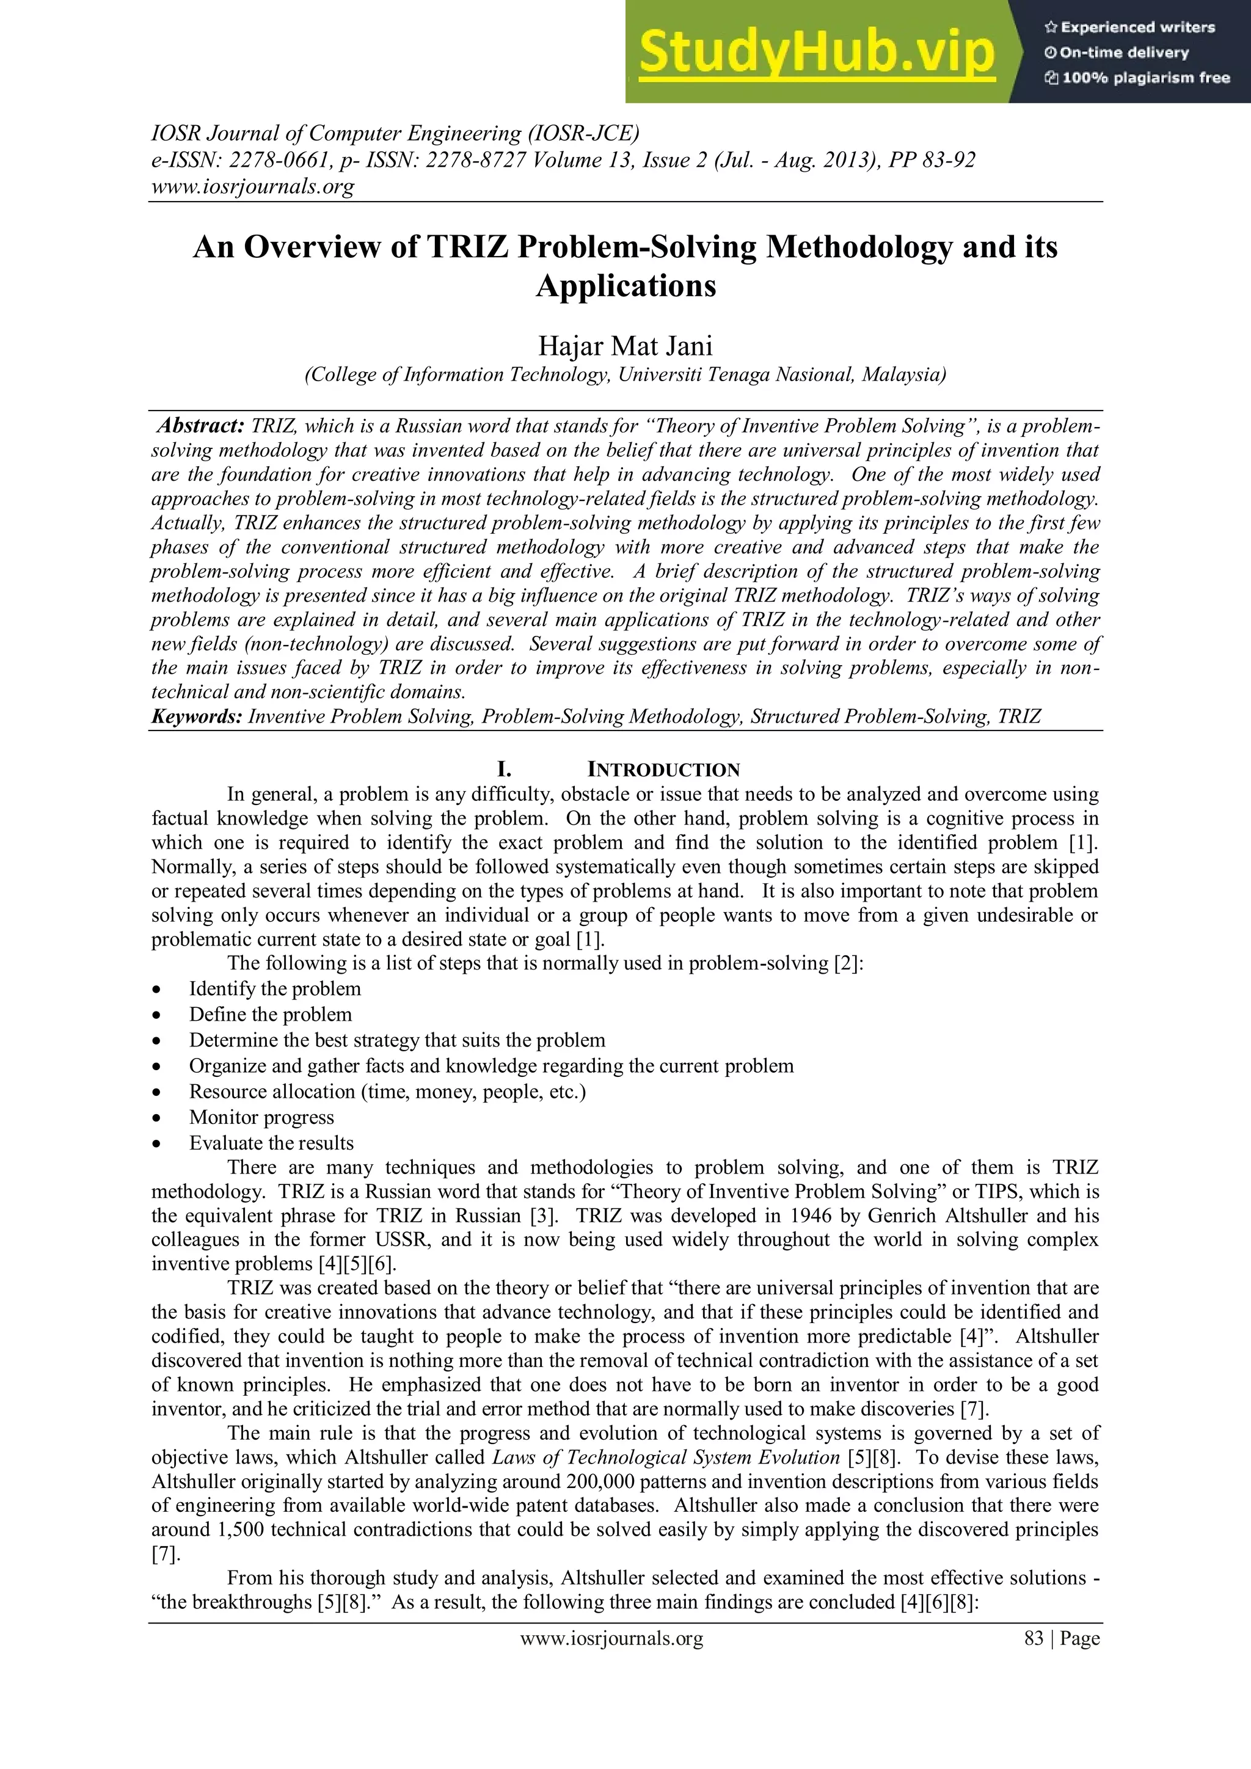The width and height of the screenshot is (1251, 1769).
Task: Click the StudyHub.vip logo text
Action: tap(817, 53)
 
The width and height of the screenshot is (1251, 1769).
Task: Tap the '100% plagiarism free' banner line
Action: tap(1137, 78)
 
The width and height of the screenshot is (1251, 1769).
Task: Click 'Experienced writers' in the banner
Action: tap(1129, 27)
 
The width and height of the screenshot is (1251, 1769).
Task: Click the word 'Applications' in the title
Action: tap(625, 286)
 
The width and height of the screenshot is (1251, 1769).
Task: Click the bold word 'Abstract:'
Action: tap(200, 426)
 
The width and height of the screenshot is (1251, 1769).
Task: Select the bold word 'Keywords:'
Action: tap(197, 717)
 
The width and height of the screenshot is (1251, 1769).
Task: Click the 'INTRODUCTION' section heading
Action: tap(663, 770)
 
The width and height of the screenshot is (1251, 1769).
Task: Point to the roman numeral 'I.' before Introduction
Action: tap(505, 770)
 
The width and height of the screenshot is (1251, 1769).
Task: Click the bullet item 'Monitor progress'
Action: tap(261, 1117)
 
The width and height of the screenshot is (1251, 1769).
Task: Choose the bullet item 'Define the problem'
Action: tap(271, 1015)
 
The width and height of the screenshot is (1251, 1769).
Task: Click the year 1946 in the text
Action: tap(808, 1216)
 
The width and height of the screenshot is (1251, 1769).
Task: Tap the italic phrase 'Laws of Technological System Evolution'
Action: tap(666, 1457)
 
